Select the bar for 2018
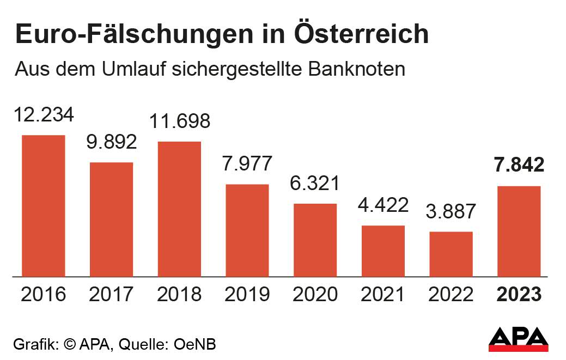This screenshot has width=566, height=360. point(179,209)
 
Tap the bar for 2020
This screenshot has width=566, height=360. point(315,240)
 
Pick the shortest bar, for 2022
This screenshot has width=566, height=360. point(451,254)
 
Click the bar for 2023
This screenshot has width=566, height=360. point(519,231)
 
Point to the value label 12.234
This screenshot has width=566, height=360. point(43,115)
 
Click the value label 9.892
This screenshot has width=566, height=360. point(111,143)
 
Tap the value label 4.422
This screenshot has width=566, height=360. point(383,206)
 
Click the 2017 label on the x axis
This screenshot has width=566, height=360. point(111,295)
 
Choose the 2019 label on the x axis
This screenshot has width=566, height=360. point(247,295)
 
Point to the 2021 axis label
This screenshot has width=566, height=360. point(383,295)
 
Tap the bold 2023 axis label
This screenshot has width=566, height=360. point(519,295)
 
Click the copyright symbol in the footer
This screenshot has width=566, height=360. point(69,344)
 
